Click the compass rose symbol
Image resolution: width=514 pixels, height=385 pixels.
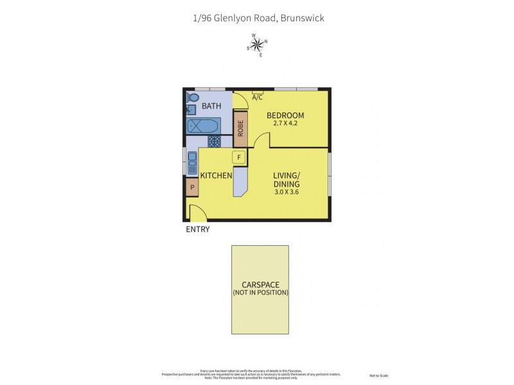(x=257, y=44)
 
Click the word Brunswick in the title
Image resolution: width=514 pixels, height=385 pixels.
(x=302, y=18)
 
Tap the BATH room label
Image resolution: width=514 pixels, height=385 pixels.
(x=211, y=106)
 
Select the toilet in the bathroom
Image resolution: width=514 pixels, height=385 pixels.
(x=193, y=98)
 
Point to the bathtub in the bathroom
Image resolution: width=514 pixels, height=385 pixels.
(x=204, y=125)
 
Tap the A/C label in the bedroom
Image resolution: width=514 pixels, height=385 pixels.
(x=258, y=98)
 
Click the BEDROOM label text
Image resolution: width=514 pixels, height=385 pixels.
(x=285, y=116)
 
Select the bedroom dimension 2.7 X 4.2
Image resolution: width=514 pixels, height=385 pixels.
(x=285, y=124)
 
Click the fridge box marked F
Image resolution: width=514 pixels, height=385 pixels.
(x=239, y=157)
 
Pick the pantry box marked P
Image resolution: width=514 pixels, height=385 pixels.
(x=192, y=187)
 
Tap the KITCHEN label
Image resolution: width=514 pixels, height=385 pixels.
(x=216, y=175)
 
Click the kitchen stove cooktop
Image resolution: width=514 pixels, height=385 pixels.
(x=215, y=141)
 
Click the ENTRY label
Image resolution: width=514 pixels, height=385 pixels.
(x=197, y=229)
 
